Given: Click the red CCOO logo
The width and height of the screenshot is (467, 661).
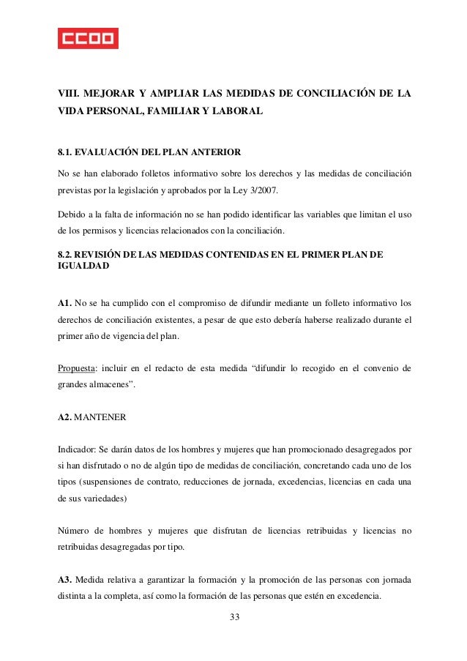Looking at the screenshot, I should (88, 37).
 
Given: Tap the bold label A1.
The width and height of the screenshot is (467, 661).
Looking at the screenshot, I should (66, 302).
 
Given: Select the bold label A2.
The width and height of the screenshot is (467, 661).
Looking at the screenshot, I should (66, 417).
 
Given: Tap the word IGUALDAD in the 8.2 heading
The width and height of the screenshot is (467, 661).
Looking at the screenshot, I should (83, 268).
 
